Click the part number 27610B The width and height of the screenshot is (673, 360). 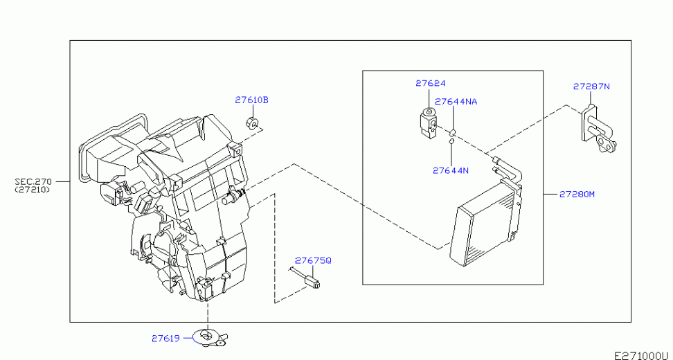click(251, 100)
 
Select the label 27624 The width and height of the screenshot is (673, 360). click(430, 83)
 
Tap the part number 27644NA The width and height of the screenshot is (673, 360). click(456, 102)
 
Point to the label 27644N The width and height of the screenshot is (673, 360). click(450, 170)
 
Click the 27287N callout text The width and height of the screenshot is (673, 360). click(591, 87)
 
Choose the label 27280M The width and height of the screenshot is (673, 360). click(577, 194)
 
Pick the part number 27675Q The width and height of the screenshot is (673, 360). click(313, 260)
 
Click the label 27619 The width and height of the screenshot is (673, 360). click(165, 338)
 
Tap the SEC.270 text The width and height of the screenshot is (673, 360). click(33, 182)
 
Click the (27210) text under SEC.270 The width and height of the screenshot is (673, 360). click(32, 189)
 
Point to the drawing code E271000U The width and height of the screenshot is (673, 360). click(643, 355)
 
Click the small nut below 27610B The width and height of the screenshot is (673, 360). click(252, 123)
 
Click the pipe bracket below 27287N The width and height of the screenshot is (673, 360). click(598, 128)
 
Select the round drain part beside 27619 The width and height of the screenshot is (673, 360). click(210, 337)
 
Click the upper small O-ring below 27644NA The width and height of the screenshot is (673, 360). click(452, 132)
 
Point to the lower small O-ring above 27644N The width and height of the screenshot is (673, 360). click(451, 140)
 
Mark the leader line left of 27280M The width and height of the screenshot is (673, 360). click(550, 194)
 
